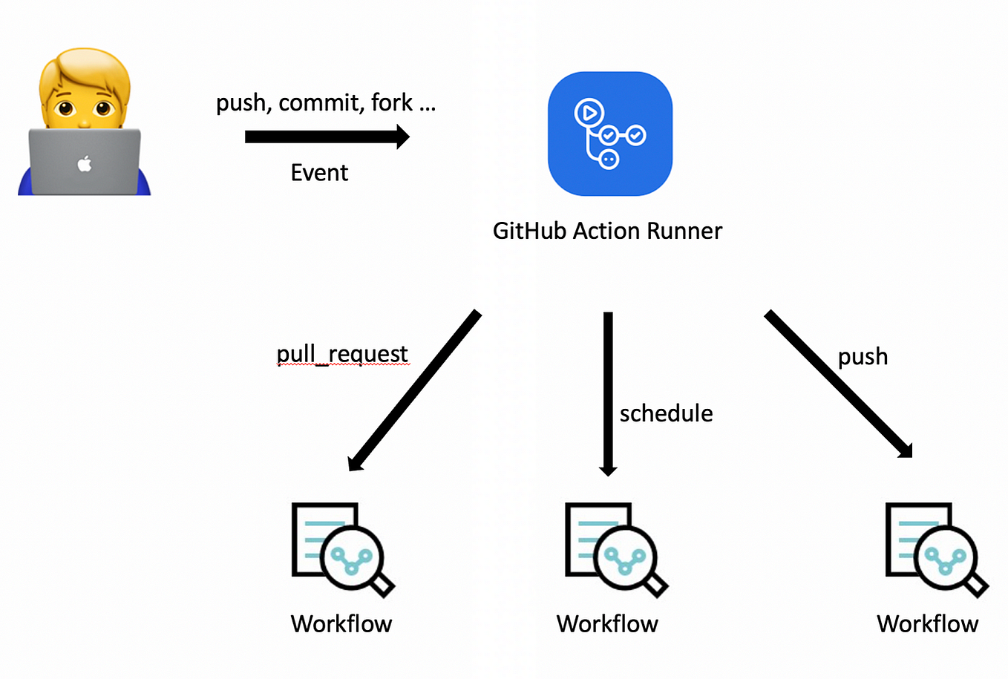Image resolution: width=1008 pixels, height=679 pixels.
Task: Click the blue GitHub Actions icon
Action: coord(609,134)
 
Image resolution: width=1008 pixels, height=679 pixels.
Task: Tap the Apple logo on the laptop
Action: coord(85,163)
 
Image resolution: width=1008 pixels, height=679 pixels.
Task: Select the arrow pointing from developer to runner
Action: coord(327,137)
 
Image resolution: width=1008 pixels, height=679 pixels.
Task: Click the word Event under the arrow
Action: coord(319,173)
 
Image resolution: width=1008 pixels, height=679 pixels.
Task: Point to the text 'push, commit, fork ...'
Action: coord(325,102)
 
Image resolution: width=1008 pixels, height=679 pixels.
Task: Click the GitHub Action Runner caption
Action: coord(606,231)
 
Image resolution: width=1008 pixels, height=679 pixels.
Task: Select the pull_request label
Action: coord(341,354)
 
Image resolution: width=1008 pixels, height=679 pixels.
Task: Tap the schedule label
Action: coord(666,413)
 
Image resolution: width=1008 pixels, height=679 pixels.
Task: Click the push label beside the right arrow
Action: coord(863,357)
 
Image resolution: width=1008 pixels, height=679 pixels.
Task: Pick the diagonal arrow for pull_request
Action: coord(414,391)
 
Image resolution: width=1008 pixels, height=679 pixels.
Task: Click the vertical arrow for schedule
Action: coord(608,393)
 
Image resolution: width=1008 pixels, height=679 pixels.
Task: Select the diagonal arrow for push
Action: coord(839,384)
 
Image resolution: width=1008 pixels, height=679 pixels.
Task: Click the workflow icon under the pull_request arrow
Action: coord(341,549)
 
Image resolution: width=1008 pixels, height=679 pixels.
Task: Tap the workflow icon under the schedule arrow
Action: coord(615,549)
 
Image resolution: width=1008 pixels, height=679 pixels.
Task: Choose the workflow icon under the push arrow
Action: coord(935,549)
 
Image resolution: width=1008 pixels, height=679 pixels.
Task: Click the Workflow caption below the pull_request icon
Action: coord(341,624)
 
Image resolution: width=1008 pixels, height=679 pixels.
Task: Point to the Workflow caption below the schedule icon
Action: coord(607,624)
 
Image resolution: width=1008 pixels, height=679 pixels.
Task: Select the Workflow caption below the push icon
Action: coord(927,624)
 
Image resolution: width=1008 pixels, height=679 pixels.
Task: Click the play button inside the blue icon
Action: coord(589,113)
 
